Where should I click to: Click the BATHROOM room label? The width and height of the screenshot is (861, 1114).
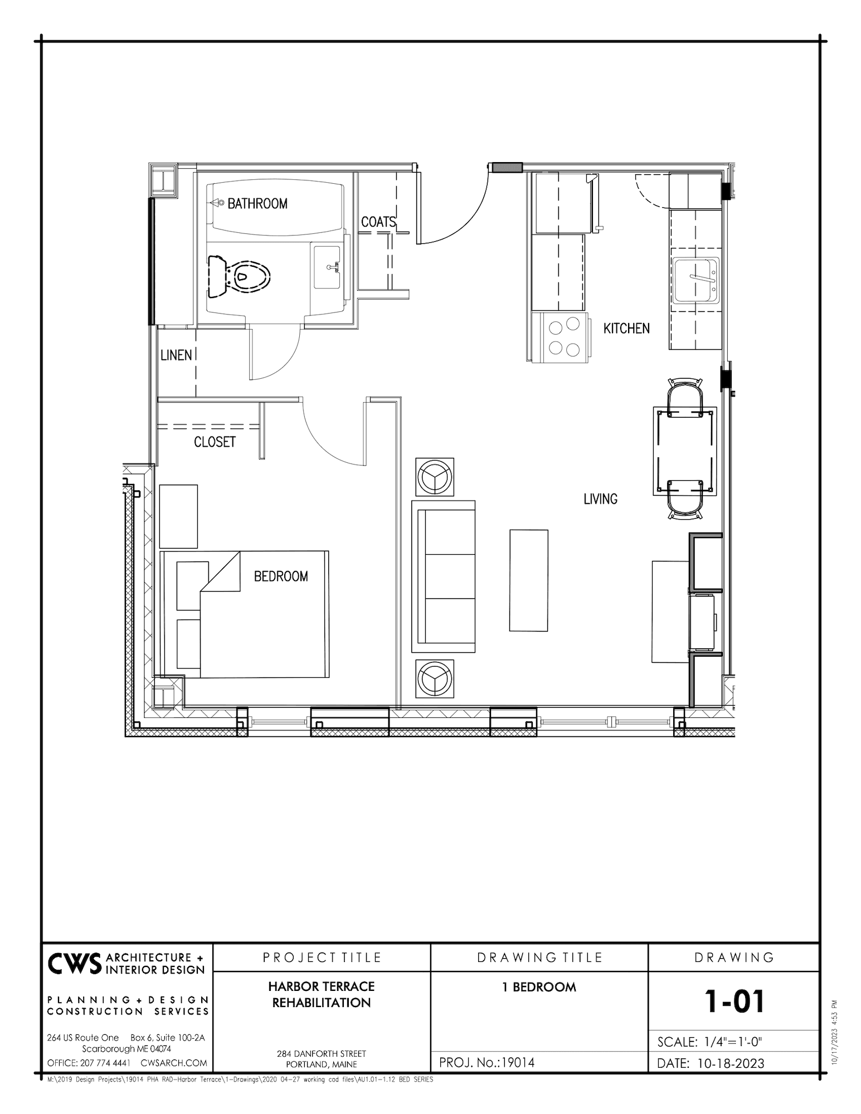257,204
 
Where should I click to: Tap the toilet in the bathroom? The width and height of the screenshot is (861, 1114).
239,275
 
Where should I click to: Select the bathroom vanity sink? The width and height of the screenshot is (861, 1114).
327,268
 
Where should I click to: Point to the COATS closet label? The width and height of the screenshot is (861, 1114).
378,222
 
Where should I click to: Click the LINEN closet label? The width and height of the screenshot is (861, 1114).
176,355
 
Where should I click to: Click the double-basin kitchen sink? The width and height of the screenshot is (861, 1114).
695,280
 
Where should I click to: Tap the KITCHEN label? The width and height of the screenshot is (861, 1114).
626,329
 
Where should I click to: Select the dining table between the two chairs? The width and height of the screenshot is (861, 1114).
685,451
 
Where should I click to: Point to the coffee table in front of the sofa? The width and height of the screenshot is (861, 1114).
528,580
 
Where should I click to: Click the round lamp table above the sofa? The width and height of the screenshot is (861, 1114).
435,477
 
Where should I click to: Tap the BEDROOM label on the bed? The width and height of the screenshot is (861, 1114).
281,576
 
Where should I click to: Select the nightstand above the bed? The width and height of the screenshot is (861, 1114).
178,516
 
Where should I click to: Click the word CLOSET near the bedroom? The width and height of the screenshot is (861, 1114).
215,442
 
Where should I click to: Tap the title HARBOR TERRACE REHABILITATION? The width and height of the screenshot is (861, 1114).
322,994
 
